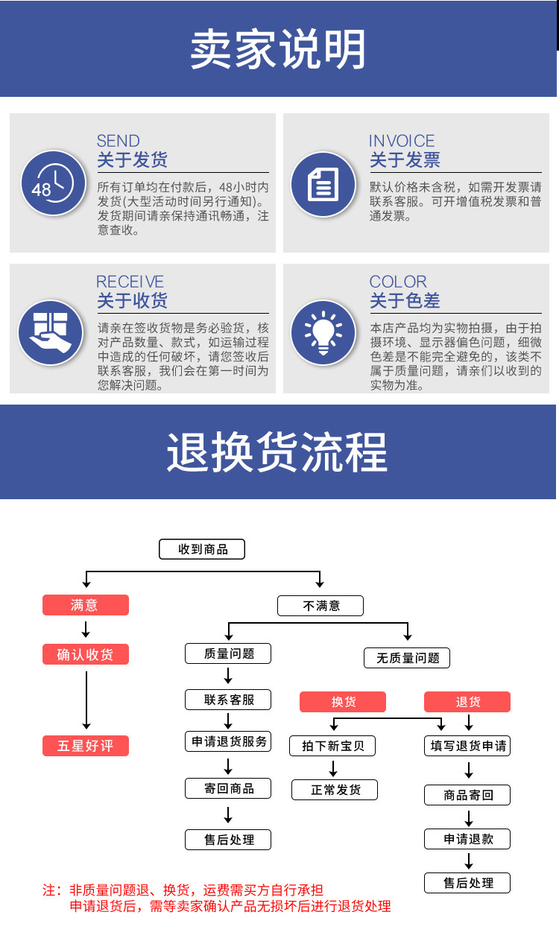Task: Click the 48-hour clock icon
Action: pyautogui.click(x=53, y=183)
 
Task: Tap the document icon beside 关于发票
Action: pyautogui.click(x=323, y=184)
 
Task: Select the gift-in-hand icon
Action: pyautogui.click(x=51, y=333)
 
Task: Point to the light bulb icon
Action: pyautogui.click(x=323, y=333)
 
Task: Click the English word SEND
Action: pyautogui.click(x=118, y=141)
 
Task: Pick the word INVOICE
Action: pyautogui.click(x=402, y=141)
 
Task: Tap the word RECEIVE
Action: pyautogui.click(x=130, y=282)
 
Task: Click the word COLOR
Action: pyautogui.click(x=398, y=282)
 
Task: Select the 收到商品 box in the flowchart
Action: pyautogui.click(x=202, y=549)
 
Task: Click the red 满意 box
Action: pyautogui.click(x=86, y=605)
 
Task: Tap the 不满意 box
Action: pyautogui.click(x=320, y=606)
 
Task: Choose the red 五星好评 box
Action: pyautogui.click(x=86, y=746)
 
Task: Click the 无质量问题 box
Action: pyautogui.click(x=407, y=658)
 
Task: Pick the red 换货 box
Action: pyautogui.click(x=343, y=702)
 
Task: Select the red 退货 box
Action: pyautogui.click(x=467, y=702)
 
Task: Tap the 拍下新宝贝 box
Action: pyautogui.click(x=332, y=746)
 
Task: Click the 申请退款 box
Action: pyautogui.click(x=467, y=839)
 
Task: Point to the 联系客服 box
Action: pyautogui.click(x=228, y=700)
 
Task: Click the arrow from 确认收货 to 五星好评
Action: pyautogui.click(x=86, y=700)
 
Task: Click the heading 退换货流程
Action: pyautogui.click(x=277, y=452)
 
